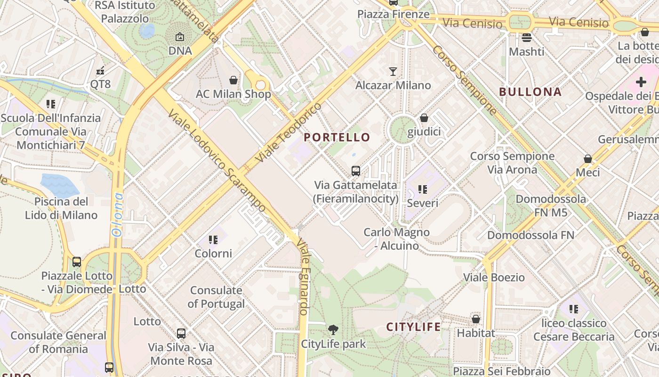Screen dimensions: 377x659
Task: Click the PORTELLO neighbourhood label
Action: point(337,138)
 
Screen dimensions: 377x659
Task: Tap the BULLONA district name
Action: point(530,92)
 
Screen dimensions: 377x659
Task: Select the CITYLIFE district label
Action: point(413,327)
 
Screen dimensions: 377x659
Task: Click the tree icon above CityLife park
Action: point(333,330)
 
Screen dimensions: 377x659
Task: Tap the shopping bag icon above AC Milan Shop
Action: point(233,80)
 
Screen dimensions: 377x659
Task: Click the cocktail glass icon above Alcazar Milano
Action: point(393,72)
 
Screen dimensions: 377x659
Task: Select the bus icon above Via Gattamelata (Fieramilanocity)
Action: point(356,171)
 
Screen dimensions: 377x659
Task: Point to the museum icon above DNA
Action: point(180,37)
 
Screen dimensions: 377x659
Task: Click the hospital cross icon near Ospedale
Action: point(641,82)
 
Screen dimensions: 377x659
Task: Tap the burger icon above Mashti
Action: point(526,38)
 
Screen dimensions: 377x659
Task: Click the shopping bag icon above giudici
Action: point(424,118)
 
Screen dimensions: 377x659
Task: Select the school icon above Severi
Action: point(422,189)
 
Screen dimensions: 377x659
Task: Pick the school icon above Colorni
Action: point(213,240)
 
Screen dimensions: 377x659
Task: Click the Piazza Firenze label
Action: point(393,14)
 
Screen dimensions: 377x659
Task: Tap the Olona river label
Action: point(117,214)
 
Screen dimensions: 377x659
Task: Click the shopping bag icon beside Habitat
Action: point(476,319)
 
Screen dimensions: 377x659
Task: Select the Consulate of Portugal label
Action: point(216,297)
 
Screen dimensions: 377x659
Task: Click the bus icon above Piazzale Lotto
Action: point(77,262)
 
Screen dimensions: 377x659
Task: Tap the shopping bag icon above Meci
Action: point(587,159)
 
